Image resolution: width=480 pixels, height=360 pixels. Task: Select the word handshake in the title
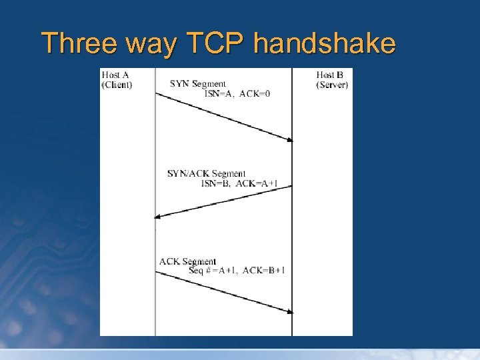pyautogui.click(x=325, y=44)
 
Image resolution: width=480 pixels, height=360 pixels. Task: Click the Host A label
pyautogui.click(x=115, y=75)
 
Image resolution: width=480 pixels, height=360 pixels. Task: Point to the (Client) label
pyautogui.click(x=117, y=85)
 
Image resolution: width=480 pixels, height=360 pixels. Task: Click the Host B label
pyautogui.click(x=330, y=75)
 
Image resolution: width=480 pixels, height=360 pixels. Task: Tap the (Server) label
pyautogui.click(x=332, y=85)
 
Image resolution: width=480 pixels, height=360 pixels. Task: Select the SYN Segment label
pyautogui.click(x=197, y=84)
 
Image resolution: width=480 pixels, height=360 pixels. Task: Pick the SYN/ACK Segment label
pyautogui.click(x=206, y=174)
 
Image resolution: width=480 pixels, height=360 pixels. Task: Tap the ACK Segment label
pyautogui.click(x=187, y=261)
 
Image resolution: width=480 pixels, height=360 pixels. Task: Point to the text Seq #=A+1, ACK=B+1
pyautogui.click(x=237, y=270)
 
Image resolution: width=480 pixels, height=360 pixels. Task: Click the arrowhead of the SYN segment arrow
pyautogui.click(x=290, y=139)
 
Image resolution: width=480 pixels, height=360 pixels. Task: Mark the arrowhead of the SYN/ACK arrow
pyautogui.click(x=158, y=216)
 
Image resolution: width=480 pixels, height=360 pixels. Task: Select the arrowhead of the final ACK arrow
pyautogui.click(x=290, y=311)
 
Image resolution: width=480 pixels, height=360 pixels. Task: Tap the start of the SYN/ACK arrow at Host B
pyautogui.click(x=291, y=187)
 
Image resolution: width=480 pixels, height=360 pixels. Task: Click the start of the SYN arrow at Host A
pyautogui.click(x=157, y=93)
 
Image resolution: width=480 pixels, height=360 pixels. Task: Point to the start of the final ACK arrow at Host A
pyautogui.click(x=157, y=272)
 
